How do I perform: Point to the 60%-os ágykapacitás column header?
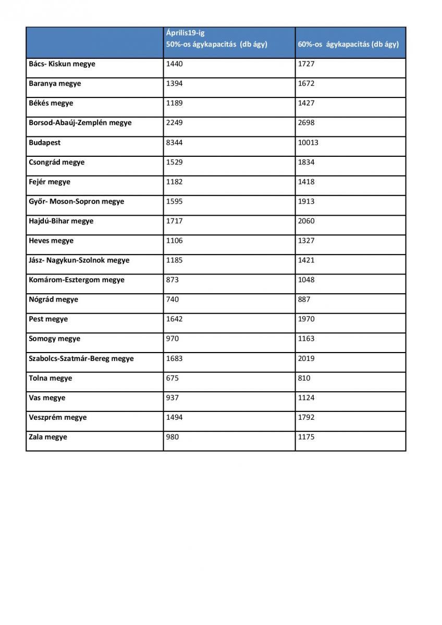[348, 44]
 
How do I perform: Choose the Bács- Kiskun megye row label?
[62, 64]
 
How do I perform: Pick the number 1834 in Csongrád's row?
[306, 162]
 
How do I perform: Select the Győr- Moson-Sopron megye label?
[77, 202]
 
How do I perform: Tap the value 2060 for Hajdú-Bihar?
[306, 221]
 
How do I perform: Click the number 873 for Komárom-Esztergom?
[173, 280]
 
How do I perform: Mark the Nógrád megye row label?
[54, 300]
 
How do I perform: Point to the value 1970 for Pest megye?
[306, 319]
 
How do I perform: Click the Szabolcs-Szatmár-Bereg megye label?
[81, 359]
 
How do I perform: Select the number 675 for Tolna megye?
[173, 378]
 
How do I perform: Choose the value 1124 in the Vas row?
[306, 398]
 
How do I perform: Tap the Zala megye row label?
[48, 438]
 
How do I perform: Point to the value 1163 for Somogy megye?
[306, 339]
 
